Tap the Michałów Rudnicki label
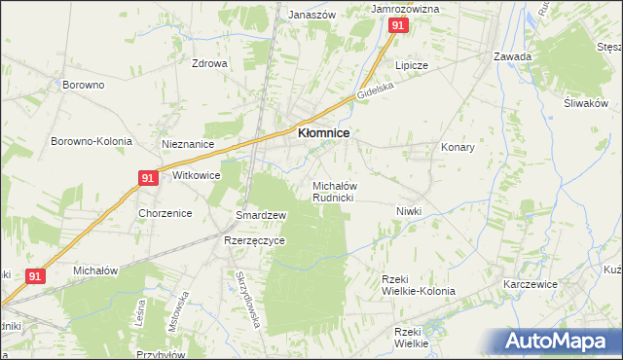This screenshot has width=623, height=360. [x=332, y=192]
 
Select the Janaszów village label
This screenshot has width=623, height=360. [x=311, y=16]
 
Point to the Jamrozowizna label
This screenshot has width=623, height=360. [x=406, y=9]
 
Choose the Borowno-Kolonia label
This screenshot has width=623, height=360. [x=91, y=141]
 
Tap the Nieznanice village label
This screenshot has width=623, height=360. [x=188, y=144]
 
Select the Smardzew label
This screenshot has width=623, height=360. [x=261, y=215]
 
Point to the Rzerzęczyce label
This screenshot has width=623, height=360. [x=254, y=241]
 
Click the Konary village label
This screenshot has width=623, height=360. [x=458, y=148]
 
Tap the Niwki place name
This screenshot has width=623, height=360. [x=409, y=211]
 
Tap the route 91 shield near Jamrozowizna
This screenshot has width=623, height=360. [x=397, y=27]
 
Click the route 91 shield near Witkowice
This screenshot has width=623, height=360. [x=147, y=178]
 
